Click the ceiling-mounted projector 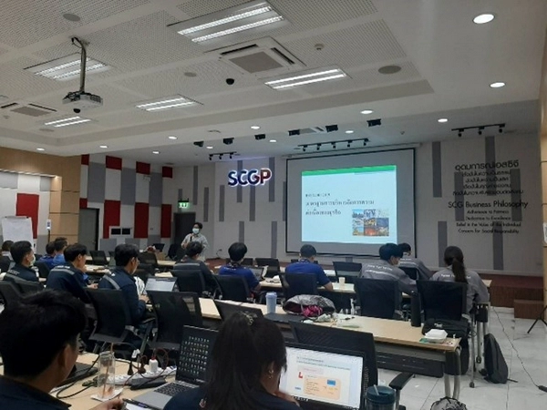82,97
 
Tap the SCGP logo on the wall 249,177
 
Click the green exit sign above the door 183,205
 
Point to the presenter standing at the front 194,239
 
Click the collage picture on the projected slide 370,222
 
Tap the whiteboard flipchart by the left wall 17,230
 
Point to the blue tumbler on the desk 271,302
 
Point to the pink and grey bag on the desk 308,306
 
